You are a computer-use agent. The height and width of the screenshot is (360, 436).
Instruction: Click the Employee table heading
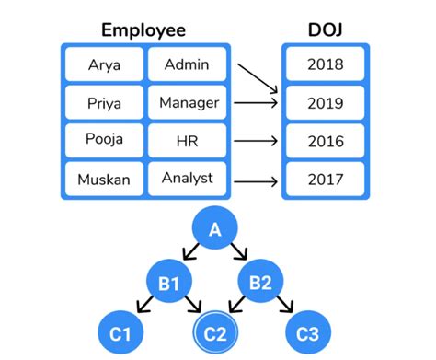pyautogui.click(x=143, y=29)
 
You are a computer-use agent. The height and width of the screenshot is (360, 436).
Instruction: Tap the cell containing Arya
pyautogui.click(x=104, y=64)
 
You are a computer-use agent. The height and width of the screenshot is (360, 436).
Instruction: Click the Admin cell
pyautogui.click(x=187, y=64)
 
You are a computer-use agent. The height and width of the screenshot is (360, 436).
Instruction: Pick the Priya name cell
pyautogui.click(x=104, y=102)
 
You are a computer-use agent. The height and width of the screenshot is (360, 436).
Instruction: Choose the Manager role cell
pyautogui.click(x=189, y=102)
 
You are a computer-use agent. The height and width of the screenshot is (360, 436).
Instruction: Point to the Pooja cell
pyautogui.click(x=104, y=140)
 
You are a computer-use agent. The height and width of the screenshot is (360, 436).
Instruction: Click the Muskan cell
pyautogui.click(x=104, y=177)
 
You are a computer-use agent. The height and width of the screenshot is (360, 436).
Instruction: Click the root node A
pyautogui.click(x=216, y=231)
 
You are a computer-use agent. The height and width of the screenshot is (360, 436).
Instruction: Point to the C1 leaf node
pyautogui.click(x=121, y=332)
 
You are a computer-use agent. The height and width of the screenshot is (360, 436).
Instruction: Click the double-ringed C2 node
pyautogui.click(x=214, y=332)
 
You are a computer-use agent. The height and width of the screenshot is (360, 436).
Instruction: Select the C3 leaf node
pyautogui.click(x=307, y=332)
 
